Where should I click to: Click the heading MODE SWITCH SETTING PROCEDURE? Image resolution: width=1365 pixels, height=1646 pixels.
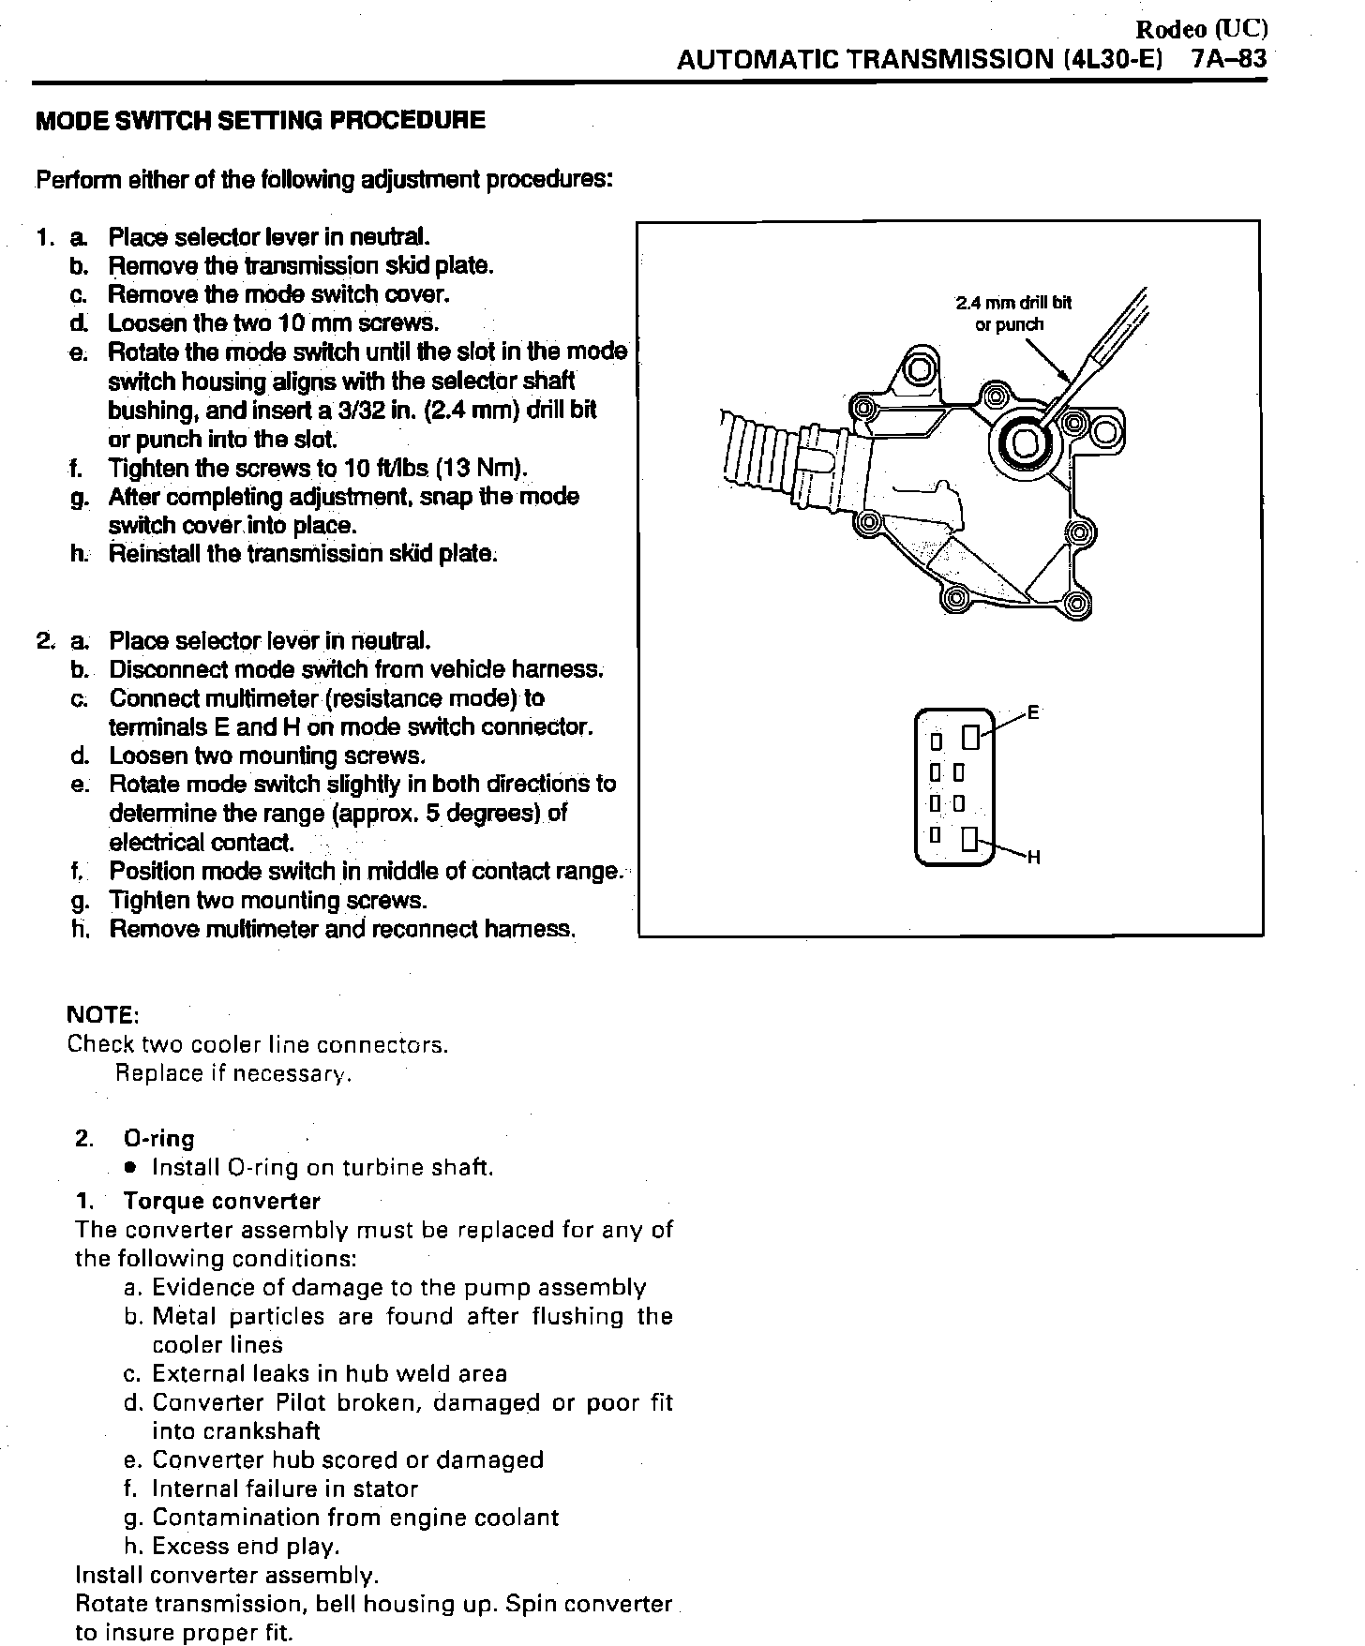coord(260,120)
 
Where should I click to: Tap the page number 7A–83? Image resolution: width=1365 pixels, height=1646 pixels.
coord(1228,59)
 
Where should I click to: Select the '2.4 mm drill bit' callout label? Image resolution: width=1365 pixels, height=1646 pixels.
coord(1012,303)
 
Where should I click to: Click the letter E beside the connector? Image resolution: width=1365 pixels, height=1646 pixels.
coord(1034,711)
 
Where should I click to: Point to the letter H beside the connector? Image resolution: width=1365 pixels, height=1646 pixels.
coord(1034,857)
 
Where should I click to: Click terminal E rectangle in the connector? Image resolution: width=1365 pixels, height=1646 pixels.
coord(971,738)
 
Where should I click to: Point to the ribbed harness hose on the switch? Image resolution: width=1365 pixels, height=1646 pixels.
coord(757,455)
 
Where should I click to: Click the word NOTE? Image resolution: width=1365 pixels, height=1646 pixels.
coord(103,1015)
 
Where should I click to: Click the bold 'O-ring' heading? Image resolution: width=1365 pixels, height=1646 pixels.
coord(159,1139)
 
